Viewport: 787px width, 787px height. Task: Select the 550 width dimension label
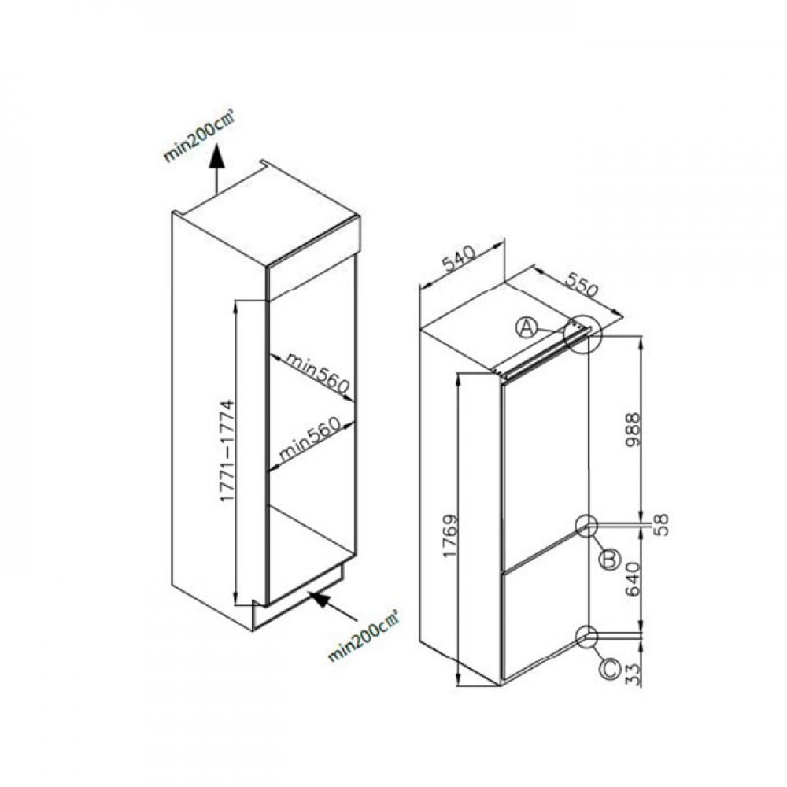point(582,286)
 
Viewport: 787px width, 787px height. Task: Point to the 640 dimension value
point(633,578)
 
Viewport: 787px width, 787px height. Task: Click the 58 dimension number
point(662,524)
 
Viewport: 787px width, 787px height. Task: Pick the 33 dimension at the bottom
point(634,674)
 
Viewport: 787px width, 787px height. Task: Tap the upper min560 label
point(317,372)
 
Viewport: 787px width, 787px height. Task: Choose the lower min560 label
point(309,439)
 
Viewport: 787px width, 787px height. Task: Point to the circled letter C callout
point(611,669)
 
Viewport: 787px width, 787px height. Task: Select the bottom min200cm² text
point(363,635)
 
